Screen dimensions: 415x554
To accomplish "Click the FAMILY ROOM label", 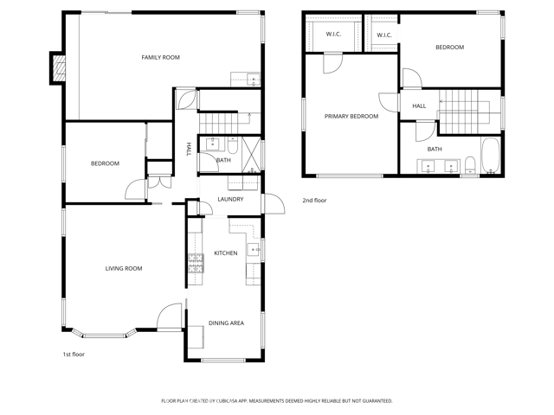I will click(x=160, y=57).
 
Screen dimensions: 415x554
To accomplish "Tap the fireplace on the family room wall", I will click(x=58, y=68).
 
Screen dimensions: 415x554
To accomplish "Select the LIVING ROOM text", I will click(x=124, y=269).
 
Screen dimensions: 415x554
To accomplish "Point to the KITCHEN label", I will click(x=226, y=253).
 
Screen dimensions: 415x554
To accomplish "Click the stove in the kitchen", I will click(x=196, y=268).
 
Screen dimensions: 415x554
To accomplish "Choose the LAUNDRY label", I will click(x=230, y=200).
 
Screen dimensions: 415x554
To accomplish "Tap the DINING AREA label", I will click(x=226, y=324).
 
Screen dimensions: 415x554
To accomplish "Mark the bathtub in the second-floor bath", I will click(x=489, y=154).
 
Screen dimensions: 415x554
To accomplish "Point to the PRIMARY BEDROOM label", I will click(x=351, y=116).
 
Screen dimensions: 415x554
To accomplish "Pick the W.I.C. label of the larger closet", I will click(x=332, y=35).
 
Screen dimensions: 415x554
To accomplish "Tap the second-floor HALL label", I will click(x=419, y=106).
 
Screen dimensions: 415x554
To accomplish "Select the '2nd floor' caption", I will click(x=313, y=201).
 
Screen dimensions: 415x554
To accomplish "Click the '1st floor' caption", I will click(x=74, y=354).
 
